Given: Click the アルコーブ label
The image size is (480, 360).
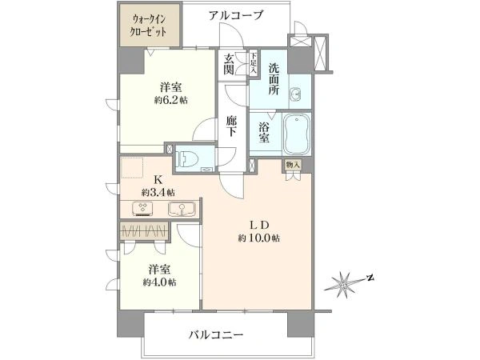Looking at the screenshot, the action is coord(236,15).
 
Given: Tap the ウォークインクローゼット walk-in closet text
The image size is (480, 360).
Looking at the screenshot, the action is coord(149,26).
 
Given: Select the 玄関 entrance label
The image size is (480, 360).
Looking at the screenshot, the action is coord(229,65).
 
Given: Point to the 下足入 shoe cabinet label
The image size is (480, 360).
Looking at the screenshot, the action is coord(254,63).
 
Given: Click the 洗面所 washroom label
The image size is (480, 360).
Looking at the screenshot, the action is coord(274,78).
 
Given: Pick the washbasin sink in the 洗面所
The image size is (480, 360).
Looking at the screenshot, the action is coord(295,94).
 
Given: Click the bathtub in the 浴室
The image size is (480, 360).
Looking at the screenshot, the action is coord(297,134).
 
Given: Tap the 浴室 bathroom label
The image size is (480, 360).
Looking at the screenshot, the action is coord(264,132).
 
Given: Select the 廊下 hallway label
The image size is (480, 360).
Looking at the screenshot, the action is coord(231,126).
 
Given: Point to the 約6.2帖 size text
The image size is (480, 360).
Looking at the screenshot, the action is coord(171,100).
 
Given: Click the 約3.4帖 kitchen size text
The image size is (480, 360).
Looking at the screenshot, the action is coord(158,193).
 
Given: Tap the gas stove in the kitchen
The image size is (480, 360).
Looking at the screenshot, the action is coord(143,208).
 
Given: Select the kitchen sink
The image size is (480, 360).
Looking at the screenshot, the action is coord(182,209).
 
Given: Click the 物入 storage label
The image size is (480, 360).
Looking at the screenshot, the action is coord(293,165).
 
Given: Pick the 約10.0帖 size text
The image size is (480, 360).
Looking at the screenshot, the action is coord(258,238).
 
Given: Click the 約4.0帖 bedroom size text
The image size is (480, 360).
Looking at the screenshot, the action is coord(159,282).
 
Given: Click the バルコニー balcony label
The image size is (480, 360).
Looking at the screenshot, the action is coord(216,334).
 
